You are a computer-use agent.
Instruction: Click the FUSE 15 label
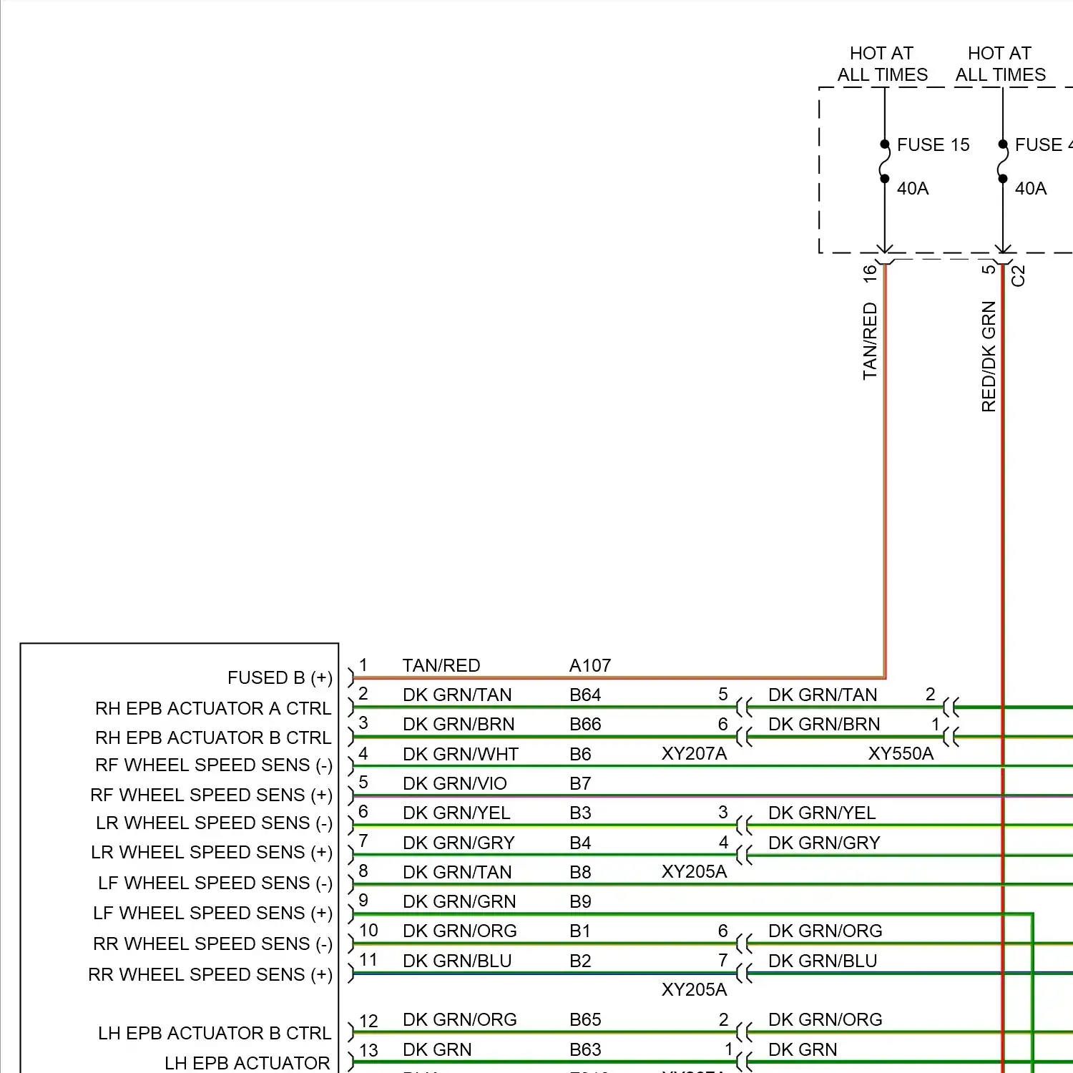coord(933,145)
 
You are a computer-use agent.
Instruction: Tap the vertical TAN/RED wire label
coord(870,340)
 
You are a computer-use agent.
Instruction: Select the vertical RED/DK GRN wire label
coord(989,356)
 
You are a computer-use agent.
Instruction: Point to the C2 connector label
coord(1019,275)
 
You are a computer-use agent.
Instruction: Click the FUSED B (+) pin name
coord(280,677)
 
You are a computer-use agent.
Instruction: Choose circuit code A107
coord(589,666)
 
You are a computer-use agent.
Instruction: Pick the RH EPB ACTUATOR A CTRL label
coord(213,708)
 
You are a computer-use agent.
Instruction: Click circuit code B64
coord(584,695)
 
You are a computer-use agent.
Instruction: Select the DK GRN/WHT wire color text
coord(460,754)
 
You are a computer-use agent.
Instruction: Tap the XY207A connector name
coord(694,753)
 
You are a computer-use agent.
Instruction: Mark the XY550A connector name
coord(901,753)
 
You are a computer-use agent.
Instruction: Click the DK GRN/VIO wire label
coord(454,783)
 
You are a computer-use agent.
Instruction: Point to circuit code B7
coord(580,783)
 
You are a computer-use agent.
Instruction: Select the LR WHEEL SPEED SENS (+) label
coord(212,852)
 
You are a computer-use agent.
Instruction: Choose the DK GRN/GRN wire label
coord(459,901)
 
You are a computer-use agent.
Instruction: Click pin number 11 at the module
coord(368,959)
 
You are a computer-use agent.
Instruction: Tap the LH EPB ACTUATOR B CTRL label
coord(215,1033)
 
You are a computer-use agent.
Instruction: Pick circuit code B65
coord(584,1019)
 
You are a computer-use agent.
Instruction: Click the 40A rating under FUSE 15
coord(913,188)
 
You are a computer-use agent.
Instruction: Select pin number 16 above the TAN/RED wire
coord(870,273)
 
